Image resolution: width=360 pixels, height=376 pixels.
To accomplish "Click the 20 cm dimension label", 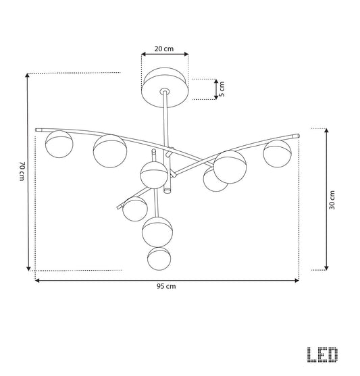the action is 164,49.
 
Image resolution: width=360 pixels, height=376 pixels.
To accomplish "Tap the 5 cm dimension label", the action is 222,89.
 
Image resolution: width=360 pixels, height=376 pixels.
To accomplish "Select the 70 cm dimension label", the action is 22,171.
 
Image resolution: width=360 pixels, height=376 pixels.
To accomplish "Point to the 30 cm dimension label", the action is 332,200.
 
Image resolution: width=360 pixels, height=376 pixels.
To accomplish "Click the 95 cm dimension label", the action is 166,286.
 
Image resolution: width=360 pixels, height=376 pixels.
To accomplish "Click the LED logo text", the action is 323,354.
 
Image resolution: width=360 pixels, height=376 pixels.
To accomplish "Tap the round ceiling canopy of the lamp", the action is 165,88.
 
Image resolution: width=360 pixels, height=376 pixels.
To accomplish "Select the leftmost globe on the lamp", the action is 59,144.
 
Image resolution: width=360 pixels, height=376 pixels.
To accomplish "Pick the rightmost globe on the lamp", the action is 277,154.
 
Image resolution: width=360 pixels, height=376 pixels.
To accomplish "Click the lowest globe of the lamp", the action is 159,259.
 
